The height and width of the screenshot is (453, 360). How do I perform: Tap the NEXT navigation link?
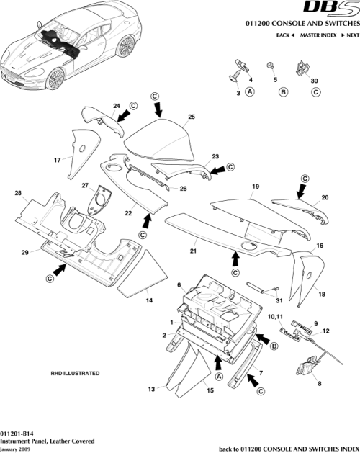click(351, 35)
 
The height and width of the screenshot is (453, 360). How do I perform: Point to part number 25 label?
click(192, 117)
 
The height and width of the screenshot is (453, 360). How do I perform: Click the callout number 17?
click(56, 160)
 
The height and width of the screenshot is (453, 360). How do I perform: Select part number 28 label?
click(18, 193)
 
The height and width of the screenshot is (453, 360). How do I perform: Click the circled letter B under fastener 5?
click(283, 92)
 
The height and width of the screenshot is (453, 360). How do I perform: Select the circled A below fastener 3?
click(250, 92)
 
